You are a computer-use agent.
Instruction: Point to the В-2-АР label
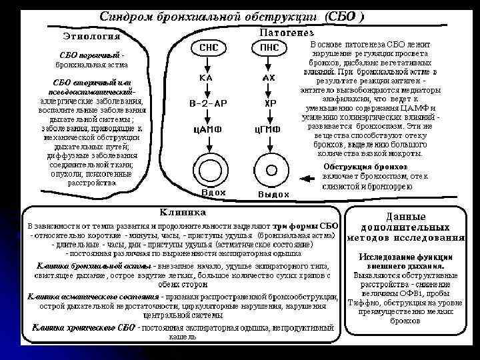pyautogui.click(x=207, y=105)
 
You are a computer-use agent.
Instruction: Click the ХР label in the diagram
pyautogui.click(x=269, y=105)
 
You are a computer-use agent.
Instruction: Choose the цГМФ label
pyautogui.click(x=269, y=131)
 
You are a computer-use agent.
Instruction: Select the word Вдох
pyautogui.click(x=213, y=193)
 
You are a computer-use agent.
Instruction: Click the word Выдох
pyautogui.click(x=273, y=194)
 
